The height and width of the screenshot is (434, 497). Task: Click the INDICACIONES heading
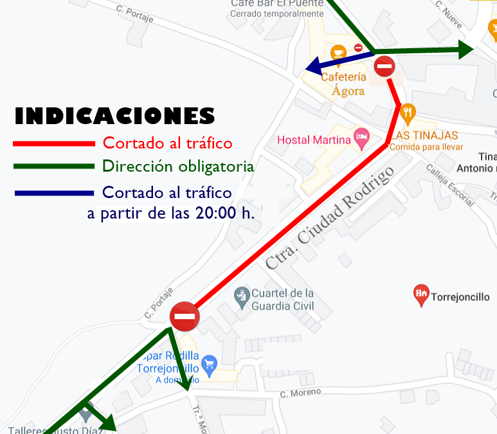tap(114, 116)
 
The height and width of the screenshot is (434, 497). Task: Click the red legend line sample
tap(54, 143)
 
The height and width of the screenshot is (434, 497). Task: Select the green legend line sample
tap(54, 167)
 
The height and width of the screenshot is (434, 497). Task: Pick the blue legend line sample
tap(54, 192)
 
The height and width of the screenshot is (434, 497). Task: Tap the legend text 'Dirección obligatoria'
tap(178, 167)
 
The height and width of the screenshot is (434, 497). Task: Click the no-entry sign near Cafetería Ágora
tap(384, 66)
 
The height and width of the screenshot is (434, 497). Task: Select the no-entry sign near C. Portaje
tap(185, 316)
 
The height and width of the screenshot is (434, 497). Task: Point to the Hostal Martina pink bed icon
tap(362, 137)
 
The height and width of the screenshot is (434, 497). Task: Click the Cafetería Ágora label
tap(343, 84)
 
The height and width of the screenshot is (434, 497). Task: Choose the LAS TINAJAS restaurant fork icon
tap(407, 114)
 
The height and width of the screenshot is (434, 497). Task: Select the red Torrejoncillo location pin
tap(421, 295)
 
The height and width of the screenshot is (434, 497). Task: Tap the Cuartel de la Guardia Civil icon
tap(241, 297)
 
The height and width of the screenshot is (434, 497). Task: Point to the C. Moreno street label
tap(300, 393)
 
